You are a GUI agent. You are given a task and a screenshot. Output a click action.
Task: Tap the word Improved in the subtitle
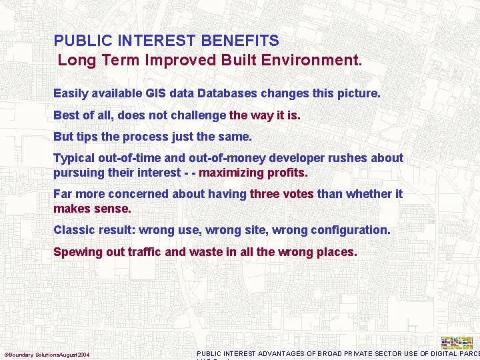[174, 60]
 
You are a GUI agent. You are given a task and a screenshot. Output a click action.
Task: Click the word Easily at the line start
[69, 94]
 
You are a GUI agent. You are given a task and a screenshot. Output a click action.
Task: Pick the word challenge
[198, 115]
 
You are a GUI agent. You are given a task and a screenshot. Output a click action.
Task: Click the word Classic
[74, 230]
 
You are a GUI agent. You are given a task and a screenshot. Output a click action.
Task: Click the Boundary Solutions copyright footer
[47, 354]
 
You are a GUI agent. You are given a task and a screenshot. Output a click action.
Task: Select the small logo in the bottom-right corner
[457, 343]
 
